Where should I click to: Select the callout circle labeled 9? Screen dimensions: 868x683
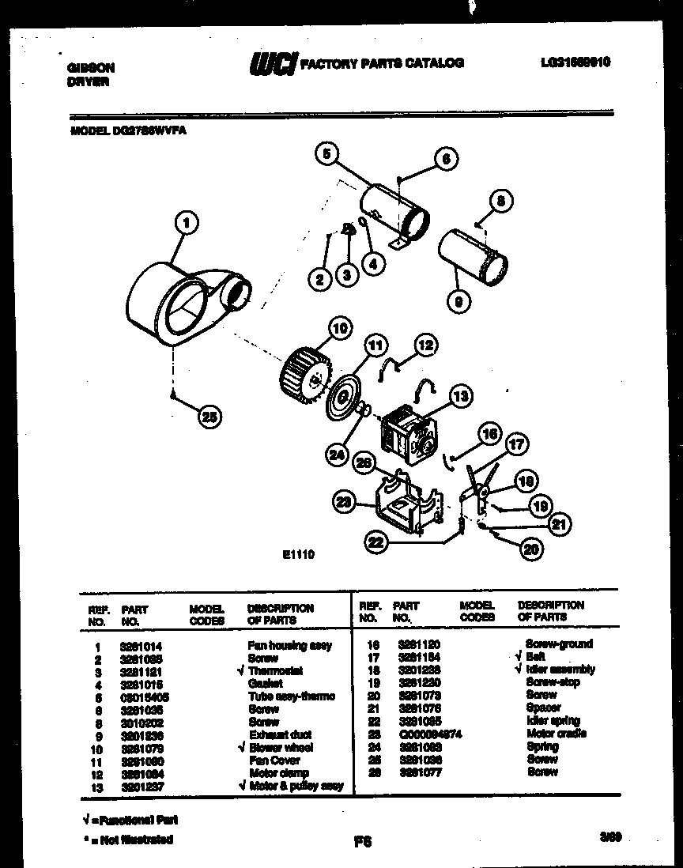pyautogui.click(x=458, y=300)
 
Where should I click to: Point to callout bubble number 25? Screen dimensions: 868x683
pyautogui.click(x=209, y=420)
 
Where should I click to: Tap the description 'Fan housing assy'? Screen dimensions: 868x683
pyautogui.click(x=290, y=646)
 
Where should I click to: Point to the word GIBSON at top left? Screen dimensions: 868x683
pyautogui.click(x=87, y=68)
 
